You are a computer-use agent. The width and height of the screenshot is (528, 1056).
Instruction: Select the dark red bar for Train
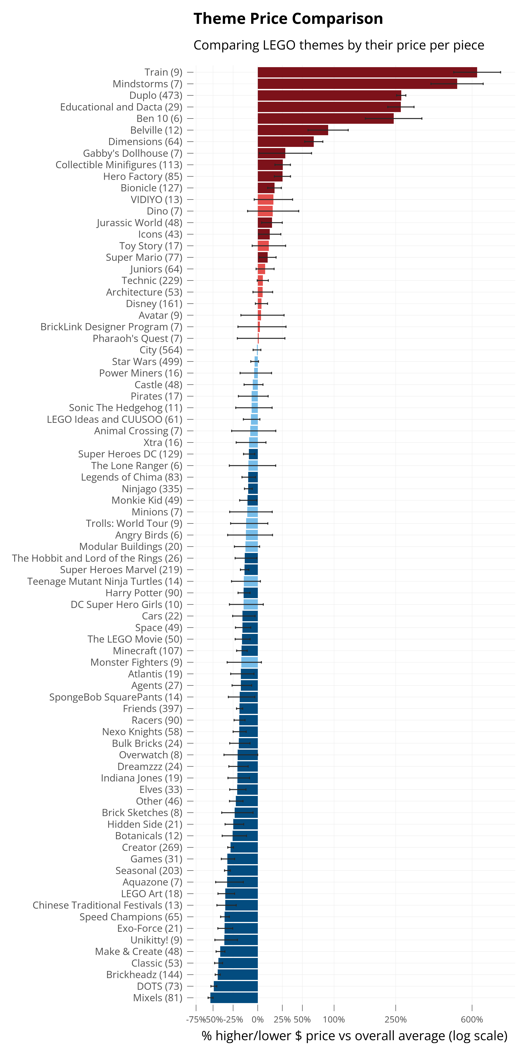pyautogui.click(x=367, y=72)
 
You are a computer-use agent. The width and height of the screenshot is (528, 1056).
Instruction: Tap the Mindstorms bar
pyautogui.click(x=357, y=84)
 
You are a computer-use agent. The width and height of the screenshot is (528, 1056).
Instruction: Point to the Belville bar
pyautogui.click(x=293, y=130)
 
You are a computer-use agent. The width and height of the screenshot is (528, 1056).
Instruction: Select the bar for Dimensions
pyautogui.click(x=285, y=141)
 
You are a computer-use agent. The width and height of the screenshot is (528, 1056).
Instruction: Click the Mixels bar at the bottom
pyautogui.click(x=234, y=997)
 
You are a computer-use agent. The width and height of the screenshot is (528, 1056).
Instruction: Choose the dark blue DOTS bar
pyautogui.click(x=236, y=986)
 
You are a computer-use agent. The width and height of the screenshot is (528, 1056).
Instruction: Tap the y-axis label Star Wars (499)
pyautogui.click(x=147, y=362)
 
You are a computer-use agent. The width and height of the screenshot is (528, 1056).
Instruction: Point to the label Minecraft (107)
pyautogui.click(x=147, y=651)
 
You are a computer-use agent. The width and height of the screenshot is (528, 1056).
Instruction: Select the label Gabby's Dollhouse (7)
pyautogui.click(x=132, y=153)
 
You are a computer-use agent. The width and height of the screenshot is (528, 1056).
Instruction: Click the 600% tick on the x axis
pyautogui.click(x=472, y=1020)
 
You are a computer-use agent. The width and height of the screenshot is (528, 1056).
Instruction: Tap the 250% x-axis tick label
pyautogui.click(x=396, y=1020)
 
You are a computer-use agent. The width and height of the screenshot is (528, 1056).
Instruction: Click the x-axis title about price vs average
pyautogui.click(x=354, y=1036)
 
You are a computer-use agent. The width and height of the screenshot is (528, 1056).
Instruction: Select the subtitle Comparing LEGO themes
pyautogui.click(x=339, y=45)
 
